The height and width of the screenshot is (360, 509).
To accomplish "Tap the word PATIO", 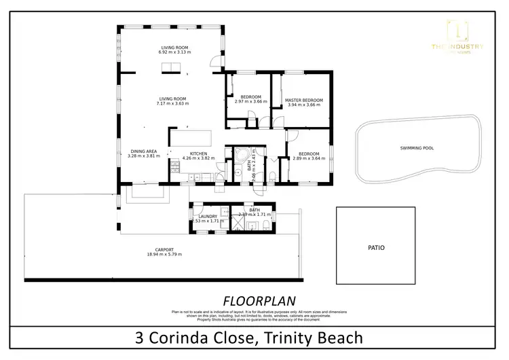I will click(376, 248).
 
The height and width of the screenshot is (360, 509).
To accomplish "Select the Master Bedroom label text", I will click(303, 101).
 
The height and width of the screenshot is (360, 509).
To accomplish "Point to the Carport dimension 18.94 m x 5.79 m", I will click(160, 254).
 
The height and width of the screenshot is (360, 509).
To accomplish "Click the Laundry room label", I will click(208, 217).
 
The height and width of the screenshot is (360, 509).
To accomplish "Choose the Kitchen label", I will click(198, 154).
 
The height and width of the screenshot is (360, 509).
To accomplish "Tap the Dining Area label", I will click(143, 151).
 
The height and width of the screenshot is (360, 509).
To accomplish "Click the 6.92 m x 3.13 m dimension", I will click(172, 52).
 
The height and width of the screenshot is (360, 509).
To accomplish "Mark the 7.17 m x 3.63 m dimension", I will click(172, 103).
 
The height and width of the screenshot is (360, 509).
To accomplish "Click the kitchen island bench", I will click(190, 137).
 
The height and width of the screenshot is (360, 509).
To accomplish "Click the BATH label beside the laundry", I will click(254, 210).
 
